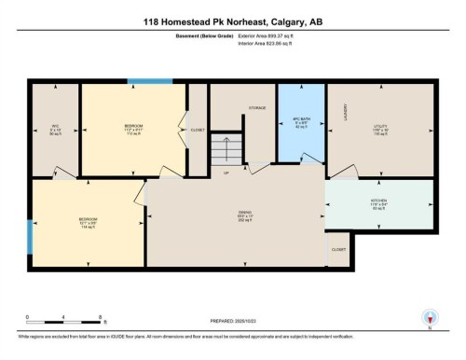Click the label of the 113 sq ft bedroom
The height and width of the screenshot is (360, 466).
click(x=133, y=127)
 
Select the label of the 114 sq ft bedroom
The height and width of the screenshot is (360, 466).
click(x=88, y=221)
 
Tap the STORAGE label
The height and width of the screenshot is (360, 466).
click(x=257, y=109)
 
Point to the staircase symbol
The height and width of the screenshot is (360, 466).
click(x=226, y=149)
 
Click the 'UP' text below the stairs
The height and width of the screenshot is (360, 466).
click(x=226, y=173)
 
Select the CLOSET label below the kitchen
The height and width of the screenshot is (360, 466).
click(x=338, y=250)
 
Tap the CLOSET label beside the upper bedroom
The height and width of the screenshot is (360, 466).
click(x=197, y=130)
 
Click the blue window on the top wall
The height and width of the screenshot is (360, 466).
click(x=144, y=82)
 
